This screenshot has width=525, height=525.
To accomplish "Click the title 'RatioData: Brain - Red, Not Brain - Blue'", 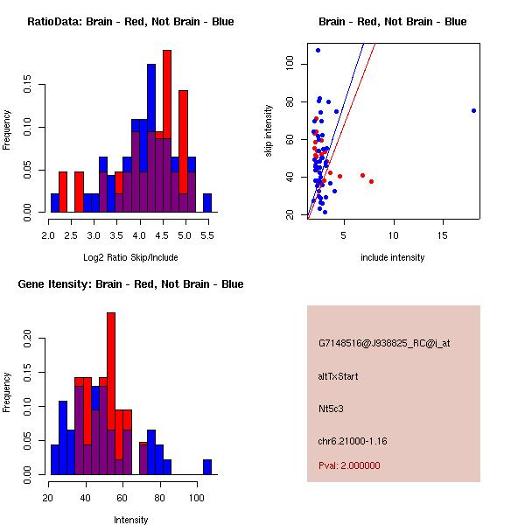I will pos(130,22).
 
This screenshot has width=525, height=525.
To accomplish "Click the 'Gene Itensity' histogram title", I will pos(130,284).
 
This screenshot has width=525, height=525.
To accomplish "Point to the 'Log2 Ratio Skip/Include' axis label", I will pos(130,257).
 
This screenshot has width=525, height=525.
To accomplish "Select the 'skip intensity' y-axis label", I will pos(269,131).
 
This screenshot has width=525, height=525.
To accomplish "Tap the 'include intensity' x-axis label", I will pos(392,257).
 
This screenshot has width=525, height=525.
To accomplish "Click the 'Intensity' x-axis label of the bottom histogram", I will pos(130,520).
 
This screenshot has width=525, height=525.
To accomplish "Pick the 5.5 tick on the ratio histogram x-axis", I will pos(207,235).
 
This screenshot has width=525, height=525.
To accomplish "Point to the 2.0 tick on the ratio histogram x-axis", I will pos(51,235).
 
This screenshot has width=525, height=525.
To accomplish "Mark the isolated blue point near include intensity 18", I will pos(473,110).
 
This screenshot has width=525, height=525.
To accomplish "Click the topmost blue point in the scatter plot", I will pos(318,50).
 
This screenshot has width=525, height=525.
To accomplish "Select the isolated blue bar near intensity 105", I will pos(206,466).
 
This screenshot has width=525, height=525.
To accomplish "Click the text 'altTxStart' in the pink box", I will pos(338,376).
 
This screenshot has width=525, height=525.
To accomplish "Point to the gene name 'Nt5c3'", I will pos(332,408).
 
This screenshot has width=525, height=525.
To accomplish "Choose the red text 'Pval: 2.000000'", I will pos(349,465).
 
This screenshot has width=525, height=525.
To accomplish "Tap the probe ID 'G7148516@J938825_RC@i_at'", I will pos(384,344).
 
